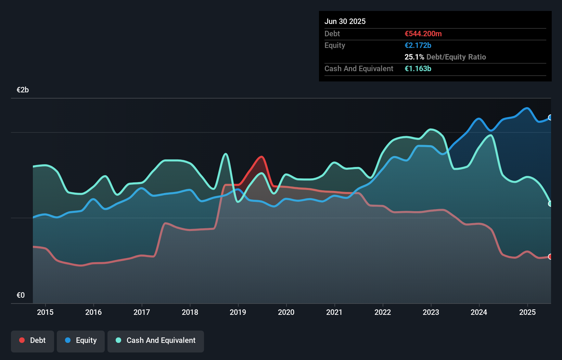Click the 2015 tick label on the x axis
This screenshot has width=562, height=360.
(x=45, y=312)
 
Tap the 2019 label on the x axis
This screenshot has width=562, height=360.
(x=238, y=312)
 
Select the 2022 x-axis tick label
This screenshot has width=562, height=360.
(x=383, y=312)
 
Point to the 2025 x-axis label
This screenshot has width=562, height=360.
(x=527, y=312)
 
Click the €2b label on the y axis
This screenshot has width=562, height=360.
(x=23, y=90)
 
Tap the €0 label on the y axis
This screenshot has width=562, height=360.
(x=21, y=295)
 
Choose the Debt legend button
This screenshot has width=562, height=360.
(x=33, y=340)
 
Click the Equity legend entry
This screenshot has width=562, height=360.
(x=81, y=340)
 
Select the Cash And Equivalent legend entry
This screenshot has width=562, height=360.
(x=156, y=340)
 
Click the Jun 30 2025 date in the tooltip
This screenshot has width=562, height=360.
(x=345, y=21)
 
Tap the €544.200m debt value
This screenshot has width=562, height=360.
(x=423, y=34)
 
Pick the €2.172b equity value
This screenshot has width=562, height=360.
(x=418, y=45)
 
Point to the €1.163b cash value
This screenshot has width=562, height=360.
(x=418, y=68)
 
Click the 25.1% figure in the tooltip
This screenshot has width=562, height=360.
(x=414, y=57)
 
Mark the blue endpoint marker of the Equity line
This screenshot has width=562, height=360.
(x=550, y=117)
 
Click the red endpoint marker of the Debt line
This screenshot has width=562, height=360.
(x=550, y=257)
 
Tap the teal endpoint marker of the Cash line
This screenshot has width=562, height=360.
(x=550, y=204)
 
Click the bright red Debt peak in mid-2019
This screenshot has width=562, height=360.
(x=261, y=157)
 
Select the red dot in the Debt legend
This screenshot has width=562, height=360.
(x=22, y=340)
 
